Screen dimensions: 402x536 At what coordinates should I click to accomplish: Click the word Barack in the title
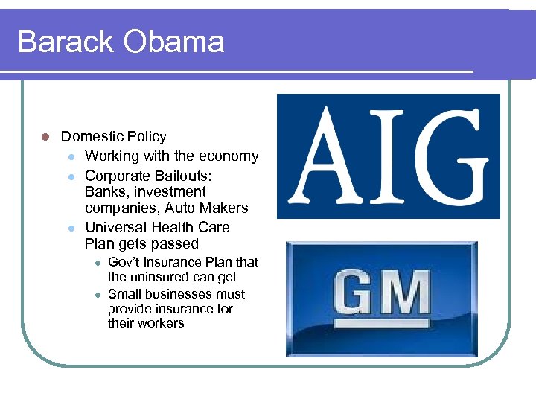[x=66, y=42]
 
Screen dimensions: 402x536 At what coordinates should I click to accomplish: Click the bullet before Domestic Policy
[x=45, y=137]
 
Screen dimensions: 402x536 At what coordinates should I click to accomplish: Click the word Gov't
[x=125, y=262]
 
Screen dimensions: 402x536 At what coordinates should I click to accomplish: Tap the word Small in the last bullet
[x=124, y=294]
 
